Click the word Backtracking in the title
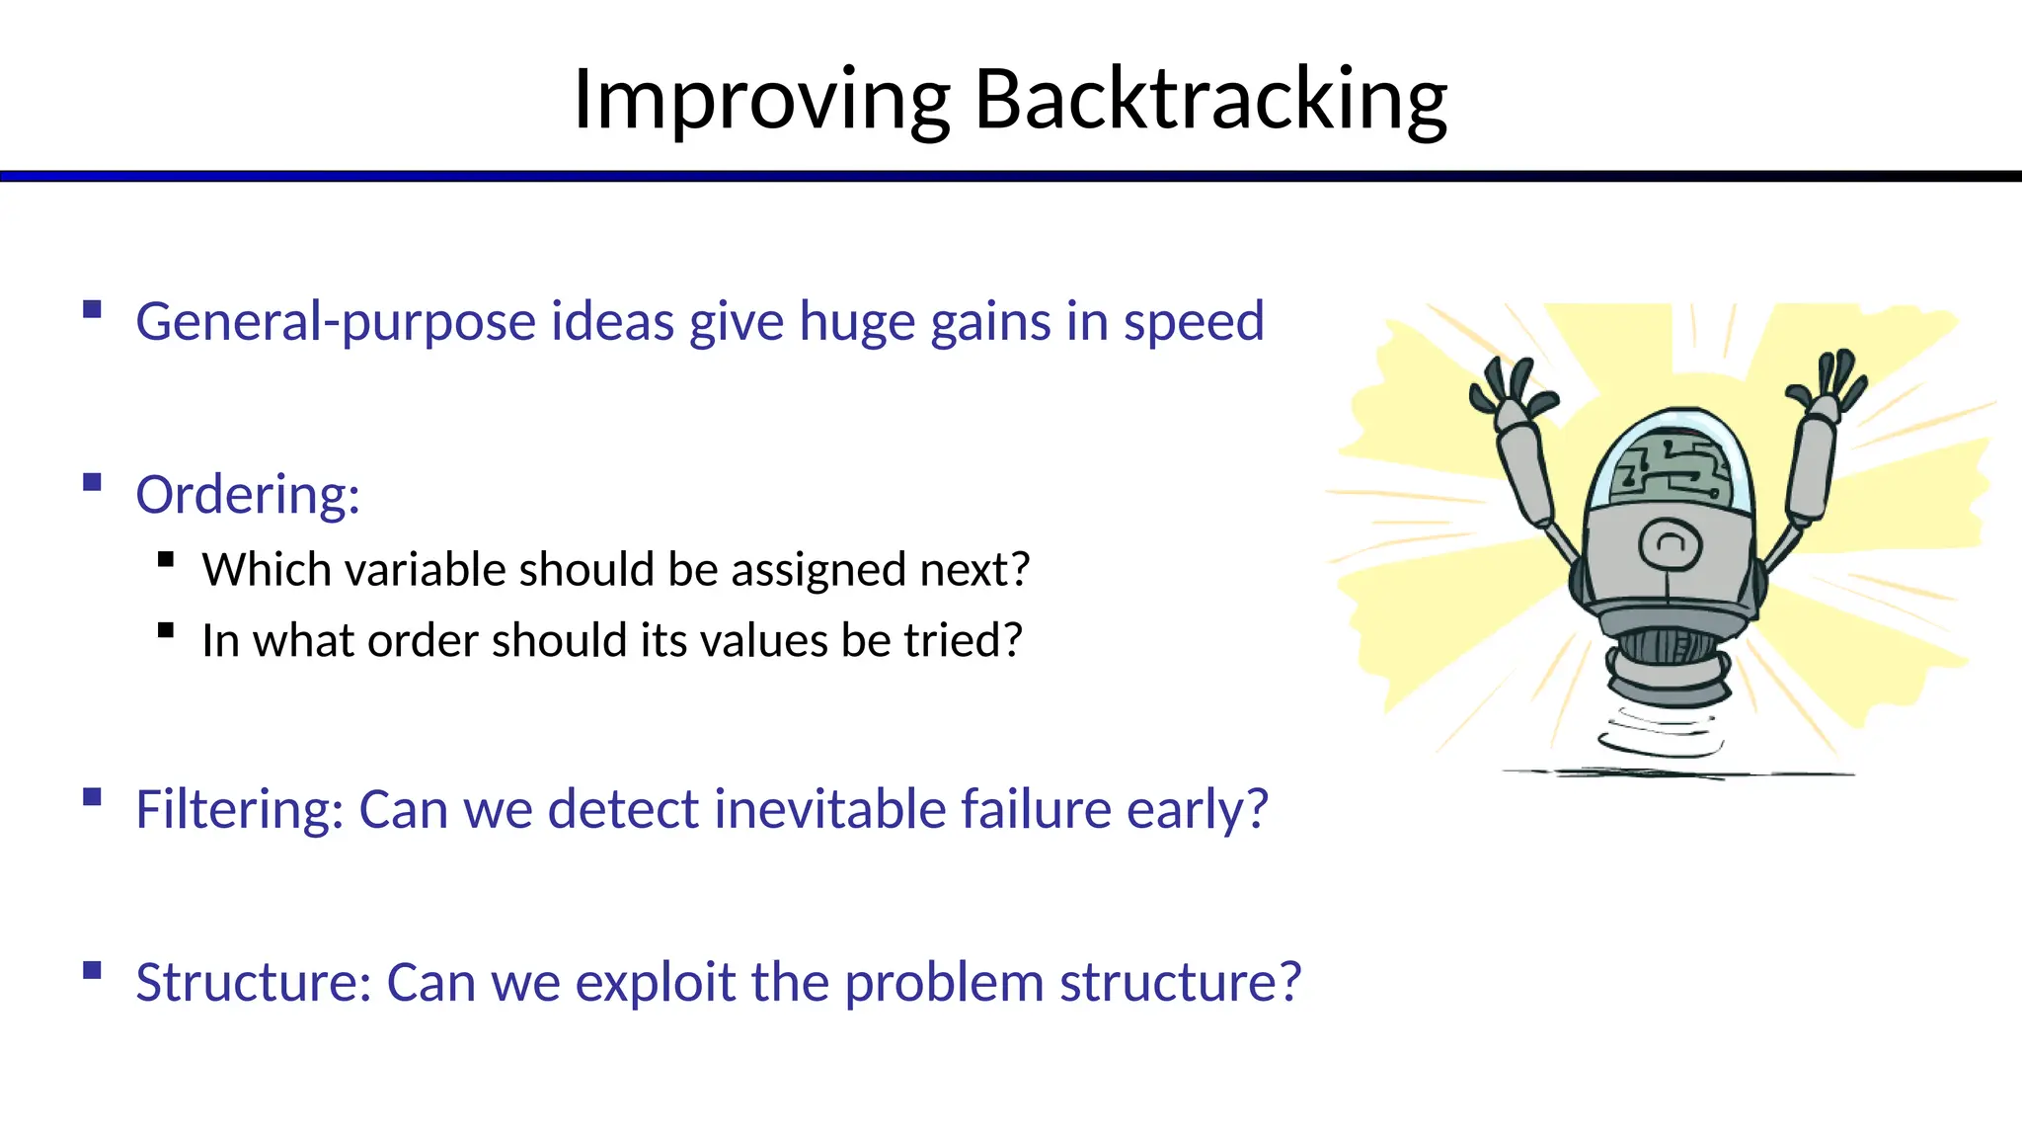[1210, 99]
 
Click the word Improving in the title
[762, 99]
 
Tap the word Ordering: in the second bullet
[248, 494]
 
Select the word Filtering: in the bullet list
[240, 809]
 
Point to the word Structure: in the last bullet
[254, 982]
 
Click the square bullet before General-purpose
[93, 309]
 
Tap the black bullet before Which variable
[166, 560]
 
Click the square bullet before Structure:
[93, 970]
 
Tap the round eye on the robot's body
[1670, 543]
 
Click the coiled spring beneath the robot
[1663, 733]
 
